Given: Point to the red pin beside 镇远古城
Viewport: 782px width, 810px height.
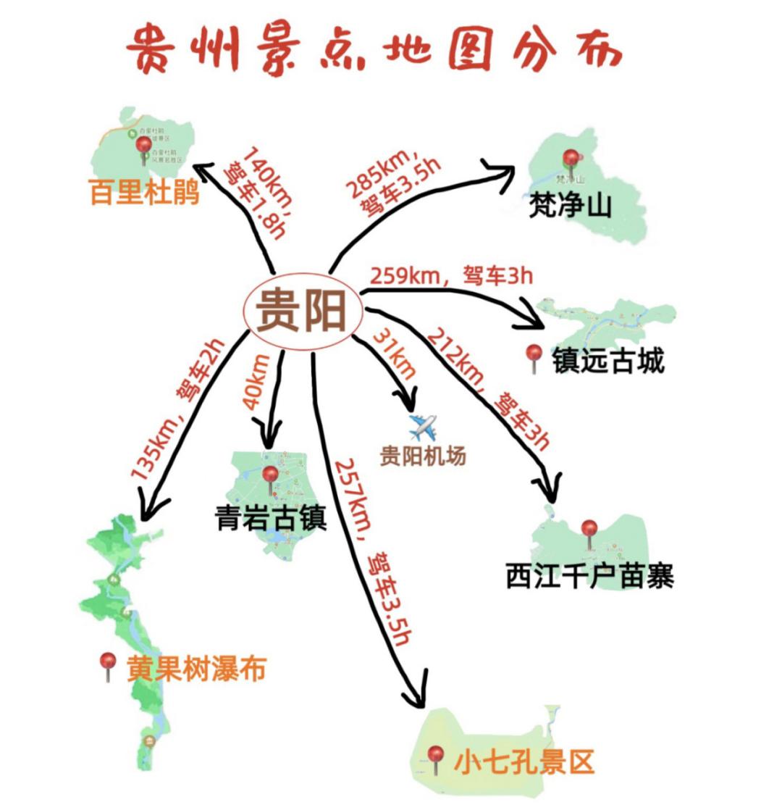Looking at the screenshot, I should coord(534,358).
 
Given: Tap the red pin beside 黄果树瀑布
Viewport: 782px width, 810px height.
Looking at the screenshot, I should coord(109,664).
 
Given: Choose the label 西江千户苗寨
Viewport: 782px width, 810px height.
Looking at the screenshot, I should coord(590,577).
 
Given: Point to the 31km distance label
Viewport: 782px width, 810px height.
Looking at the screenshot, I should coord(395,355).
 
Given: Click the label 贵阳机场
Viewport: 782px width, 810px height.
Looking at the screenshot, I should coord(424,456).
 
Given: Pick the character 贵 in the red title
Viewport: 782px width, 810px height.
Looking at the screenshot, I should coord(152,49).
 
